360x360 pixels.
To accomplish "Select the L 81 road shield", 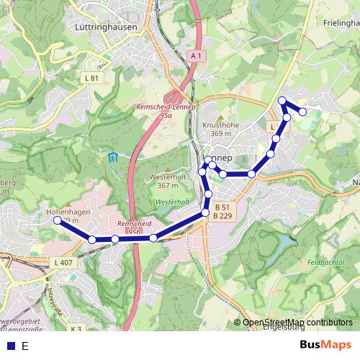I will [x=91, y=78].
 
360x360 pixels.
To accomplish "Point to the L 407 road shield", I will [x=63, y=263].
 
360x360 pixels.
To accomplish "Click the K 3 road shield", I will [x=76, y=329].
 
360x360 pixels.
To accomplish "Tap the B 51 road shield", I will [x=222, y=207].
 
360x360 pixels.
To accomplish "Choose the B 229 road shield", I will [x=222, y=216].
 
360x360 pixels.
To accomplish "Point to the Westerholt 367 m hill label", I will [x=167, y=181].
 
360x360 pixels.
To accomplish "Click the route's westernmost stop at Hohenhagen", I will [x=58, y=221].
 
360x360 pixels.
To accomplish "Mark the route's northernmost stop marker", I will [x=282, y=101].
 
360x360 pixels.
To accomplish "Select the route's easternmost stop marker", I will [x=303, y=112].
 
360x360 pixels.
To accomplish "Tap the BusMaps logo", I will [x=325, y=345].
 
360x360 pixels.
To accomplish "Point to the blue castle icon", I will [x=113, y=157].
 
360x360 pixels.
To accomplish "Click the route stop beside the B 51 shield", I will [x=206, y=212].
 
